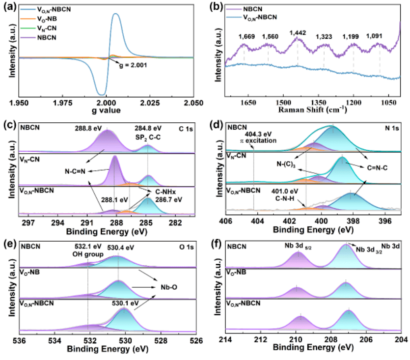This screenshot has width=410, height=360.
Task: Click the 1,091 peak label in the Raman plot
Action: (x=379, y=35)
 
